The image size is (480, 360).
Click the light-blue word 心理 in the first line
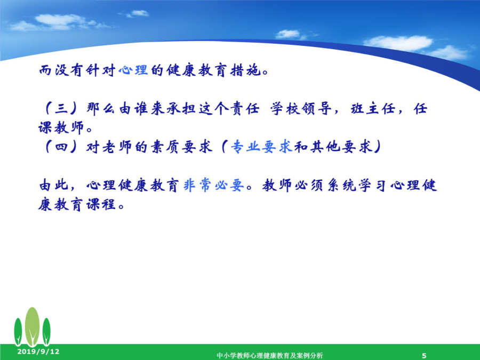tap(133, 70)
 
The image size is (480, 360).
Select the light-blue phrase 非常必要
tap(214, 185)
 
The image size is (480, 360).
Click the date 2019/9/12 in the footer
tap(38, 351)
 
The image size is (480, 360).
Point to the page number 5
tap(424, 356)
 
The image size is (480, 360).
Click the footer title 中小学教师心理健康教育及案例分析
tap(270, 355)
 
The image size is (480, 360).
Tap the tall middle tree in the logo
tap(32, 327)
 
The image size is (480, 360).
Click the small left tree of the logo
tap(18, 332)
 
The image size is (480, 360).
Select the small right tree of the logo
tap(46, 332)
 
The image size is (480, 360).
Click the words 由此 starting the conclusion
tap(53, 185)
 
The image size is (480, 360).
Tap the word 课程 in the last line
tap(101, 204)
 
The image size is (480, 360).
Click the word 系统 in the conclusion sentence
tap(342, 185)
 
